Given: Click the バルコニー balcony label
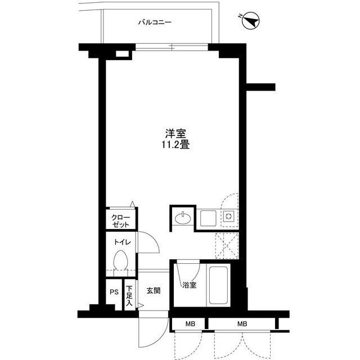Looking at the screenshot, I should pyautogui.click(x=155, y=22).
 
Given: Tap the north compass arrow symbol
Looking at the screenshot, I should pyautogui.click(x=250, y=21).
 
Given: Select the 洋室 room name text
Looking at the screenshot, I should pyautogui.click(x=175, y=134).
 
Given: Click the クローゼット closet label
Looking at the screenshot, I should pyautogui.click(x=120, y=220).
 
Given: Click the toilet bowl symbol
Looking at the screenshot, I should pyautogui.click(x=120, y=261).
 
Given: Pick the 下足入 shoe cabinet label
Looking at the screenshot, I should pyautogui.click(x=129, y=295).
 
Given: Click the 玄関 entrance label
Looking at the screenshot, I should pyautogui.click(x=153, y=291).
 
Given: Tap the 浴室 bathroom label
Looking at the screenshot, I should pyautogui.click(x=189, y=285).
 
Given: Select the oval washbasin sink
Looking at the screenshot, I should pyautogui.click(x=182, y=218).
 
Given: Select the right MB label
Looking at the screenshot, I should pyautogui.click(x=241, y=324).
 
